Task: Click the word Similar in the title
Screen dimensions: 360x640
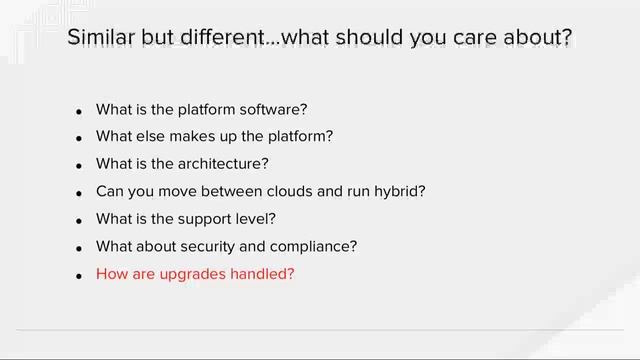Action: coord(101,38)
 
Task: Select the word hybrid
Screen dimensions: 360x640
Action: coord(400,191)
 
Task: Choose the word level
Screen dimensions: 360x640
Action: coord(256,218)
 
